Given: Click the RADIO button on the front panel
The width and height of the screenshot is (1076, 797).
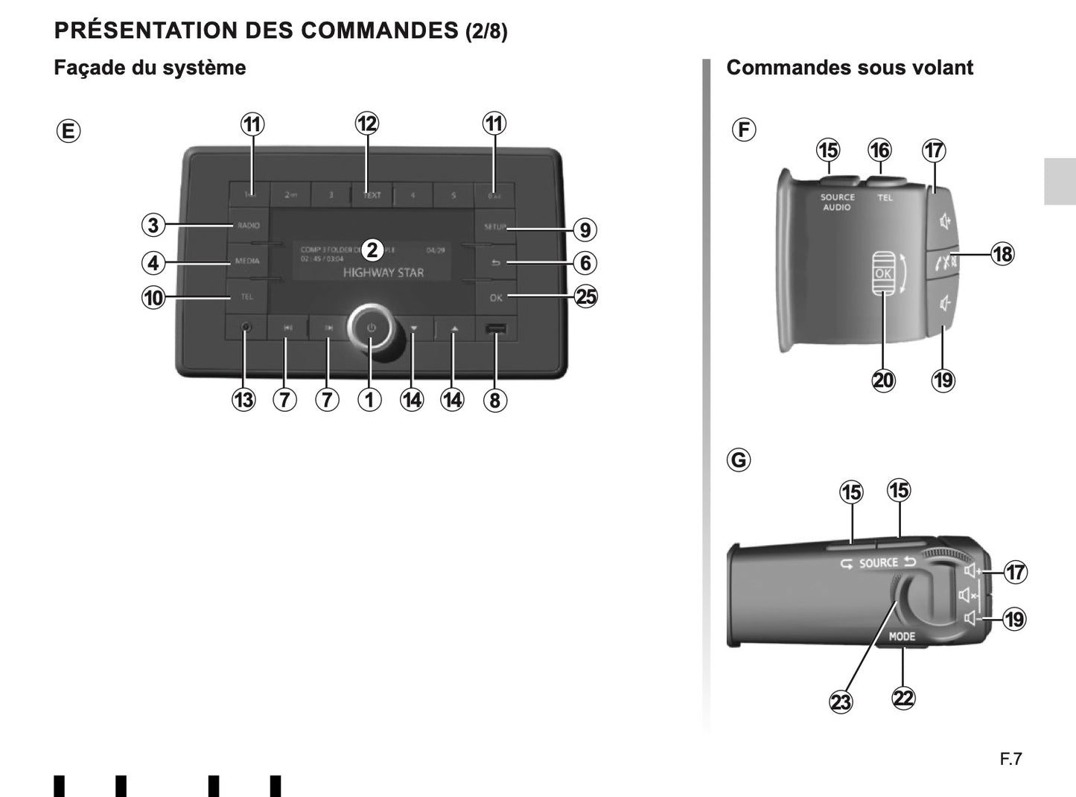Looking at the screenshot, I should [248, 226].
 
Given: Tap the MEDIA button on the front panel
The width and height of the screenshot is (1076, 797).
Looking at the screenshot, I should [247, 261].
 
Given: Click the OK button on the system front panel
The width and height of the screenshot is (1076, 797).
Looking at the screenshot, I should [496, 298].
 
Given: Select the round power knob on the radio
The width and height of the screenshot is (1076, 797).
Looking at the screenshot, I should [371, 327].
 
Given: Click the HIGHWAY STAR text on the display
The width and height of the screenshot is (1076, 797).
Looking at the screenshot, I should [383, 273].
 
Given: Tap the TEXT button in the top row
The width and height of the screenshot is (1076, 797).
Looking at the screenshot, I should [372, 195].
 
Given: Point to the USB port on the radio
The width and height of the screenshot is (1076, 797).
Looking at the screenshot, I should [496, 328].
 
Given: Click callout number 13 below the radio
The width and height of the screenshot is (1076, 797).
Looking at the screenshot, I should [243, 400].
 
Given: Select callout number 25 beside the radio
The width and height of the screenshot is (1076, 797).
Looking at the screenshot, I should [586, 297].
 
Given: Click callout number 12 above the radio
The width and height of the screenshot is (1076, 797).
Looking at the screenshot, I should [367, 124].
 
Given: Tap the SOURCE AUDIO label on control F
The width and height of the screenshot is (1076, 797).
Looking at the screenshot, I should [837, 202].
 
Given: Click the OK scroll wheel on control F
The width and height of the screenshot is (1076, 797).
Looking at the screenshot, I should [882, 273].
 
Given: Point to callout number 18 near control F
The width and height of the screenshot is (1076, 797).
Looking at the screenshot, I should [1002, 254].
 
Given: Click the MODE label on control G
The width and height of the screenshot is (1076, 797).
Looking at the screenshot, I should [902, 637].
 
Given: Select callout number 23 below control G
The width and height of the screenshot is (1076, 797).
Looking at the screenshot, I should [841, 702].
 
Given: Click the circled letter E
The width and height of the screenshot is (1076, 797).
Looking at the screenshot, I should [68, 132].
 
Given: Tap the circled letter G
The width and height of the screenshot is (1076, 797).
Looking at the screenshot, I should [739, 460].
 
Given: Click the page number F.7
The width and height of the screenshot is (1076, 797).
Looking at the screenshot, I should [1010, 759].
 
